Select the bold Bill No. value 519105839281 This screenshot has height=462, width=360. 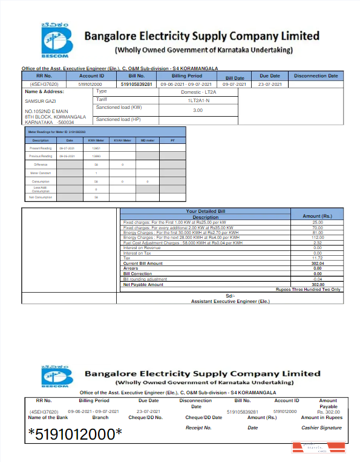137,84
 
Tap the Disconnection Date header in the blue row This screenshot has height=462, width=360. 316,76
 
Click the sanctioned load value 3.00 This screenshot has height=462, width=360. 198,110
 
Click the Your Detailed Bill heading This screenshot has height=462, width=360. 205,212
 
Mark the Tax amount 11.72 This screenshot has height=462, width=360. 318,258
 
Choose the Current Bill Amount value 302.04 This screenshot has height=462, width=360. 318,264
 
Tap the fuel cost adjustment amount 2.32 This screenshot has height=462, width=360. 318,243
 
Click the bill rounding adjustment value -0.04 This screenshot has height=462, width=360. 318,279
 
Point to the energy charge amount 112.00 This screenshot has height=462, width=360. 318,238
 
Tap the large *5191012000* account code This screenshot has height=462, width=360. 75,434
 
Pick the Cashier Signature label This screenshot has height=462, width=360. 321,428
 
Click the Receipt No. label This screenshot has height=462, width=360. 198,428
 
